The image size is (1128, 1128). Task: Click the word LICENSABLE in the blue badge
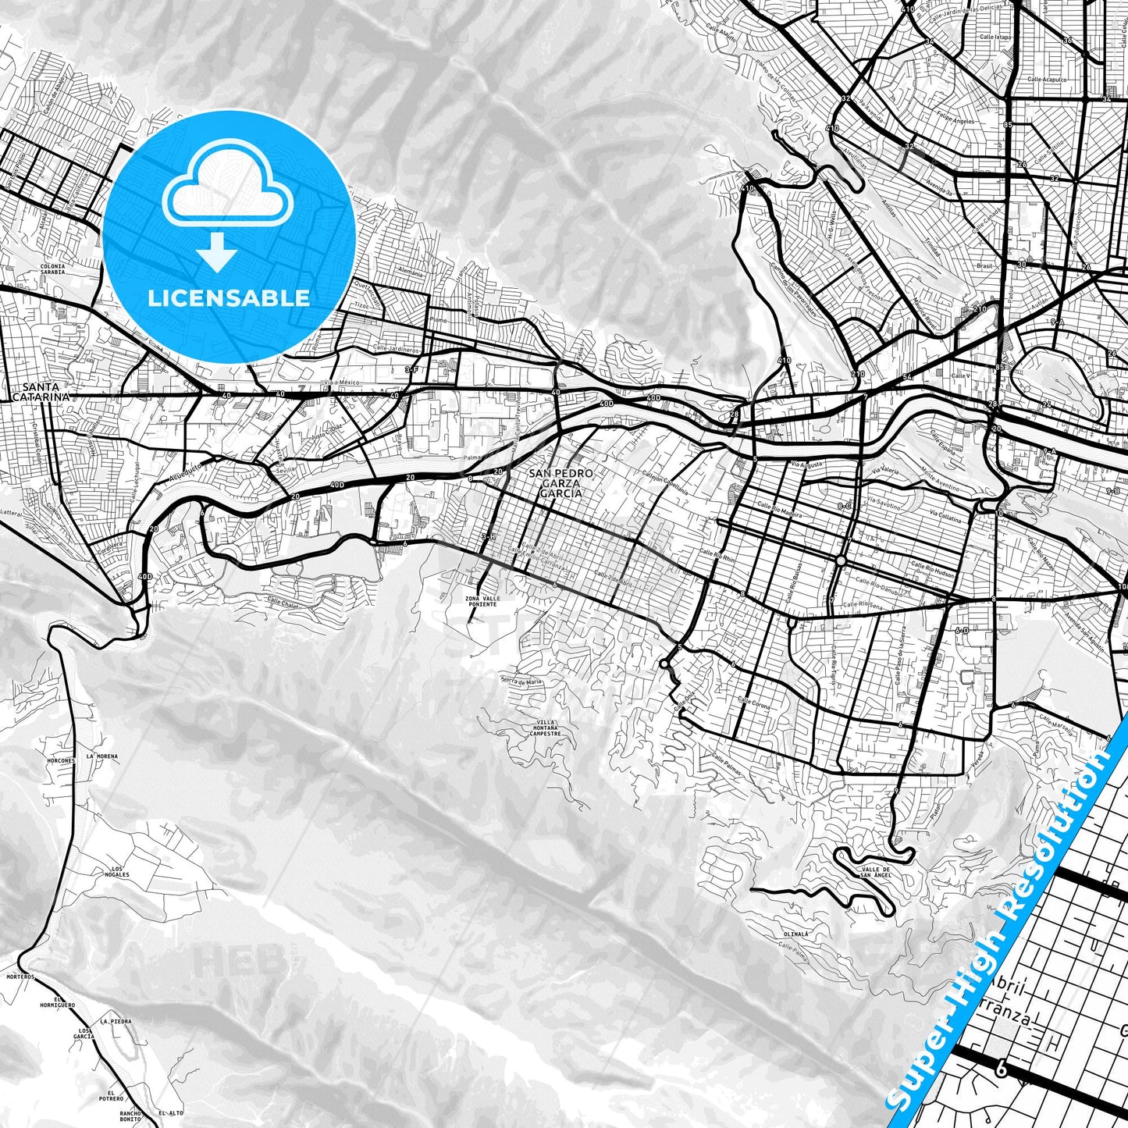tap(230, 297)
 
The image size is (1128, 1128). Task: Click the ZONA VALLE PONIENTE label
tap(481, 600)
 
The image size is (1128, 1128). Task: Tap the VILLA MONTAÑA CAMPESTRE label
tap(545, 728)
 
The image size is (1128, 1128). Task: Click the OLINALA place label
tap(795, 933)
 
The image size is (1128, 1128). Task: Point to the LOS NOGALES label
tap(119, 871)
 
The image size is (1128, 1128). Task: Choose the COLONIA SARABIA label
tap(52, 270)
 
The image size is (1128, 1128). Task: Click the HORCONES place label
tap(61, 760)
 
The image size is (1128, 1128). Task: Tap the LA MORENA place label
tap(102, 756)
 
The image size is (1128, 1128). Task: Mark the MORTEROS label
tap(20, 977)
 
